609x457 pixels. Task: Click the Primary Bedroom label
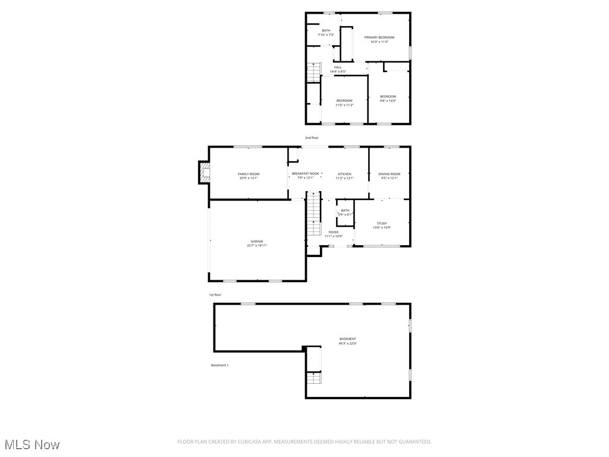pyautogui.click(x=379, y=37)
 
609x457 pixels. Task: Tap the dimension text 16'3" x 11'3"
pyautogui.click(x=379, y=42)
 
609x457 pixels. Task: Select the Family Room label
pyautogui.click(x=249, y=174)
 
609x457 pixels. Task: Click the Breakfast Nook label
pyautogui.click(x=305, y=174)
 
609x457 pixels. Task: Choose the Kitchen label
pyautogui.click(x=344, y=174)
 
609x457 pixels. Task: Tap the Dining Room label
pyautogui.click(x=390, y=174)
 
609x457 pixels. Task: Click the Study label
pyautogui.click(x=382, y=223)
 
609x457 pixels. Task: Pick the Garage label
pyautogui.click(x=257, y=241)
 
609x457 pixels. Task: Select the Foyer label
pyautogui.click(x=333, y=232)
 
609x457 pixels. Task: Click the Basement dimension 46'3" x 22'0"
pyautogui.click(x=348, y=343)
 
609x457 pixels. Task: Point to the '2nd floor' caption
pyautogui.click(x=311, y=137)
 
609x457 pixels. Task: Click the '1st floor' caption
pyautogui.click(x=215, y=295)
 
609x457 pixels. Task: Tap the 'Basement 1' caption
pyautogui.click(x=219, y=365)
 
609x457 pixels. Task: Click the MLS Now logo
pyautogui.click(x=31, y=445)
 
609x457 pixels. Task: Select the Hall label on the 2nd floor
pyautogui.click(x=338, y=67)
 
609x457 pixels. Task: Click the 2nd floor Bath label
pyautogui.click(x=326, y=30)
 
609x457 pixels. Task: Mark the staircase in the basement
pyautogui.click(x=313, y=377)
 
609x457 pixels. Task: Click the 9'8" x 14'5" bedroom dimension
pyautogui.click(x=388, y=101)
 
